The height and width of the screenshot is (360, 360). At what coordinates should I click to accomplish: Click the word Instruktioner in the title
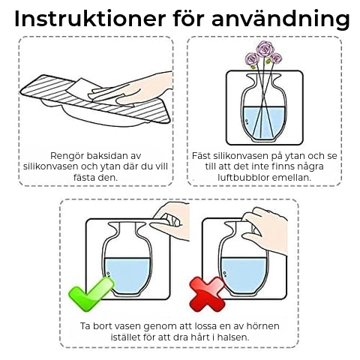(90, 19)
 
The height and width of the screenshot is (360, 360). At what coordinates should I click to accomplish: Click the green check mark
(91, 294)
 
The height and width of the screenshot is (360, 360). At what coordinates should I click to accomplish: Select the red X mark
(207, 294)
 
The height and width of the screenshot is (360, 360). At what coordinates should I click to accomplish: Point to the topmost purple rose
(265, 49)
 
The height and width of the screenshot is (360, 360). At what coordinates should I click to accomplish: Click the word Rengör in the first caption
(67, 156)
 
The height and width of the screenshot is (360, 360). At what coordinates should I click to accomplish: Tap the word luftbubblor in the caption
(243, 178)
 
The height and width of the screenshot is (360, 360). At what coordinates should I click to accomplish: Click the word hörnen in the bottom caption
(263, 326)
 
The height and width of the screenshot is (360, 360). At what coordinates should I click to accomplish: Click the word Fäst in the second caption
(201, 156)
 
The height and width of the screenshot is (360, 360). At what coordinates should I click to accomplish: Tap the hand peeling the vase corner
(170, 220)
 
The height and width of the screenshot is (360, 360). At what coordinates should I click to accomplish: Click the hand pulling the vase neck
(267, 231)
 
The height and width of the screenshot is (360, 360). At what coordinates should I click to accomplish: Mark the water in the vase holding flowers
(264, 122)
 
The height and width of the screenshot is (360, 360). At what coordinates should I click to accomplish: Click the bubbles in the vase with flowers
(247, 121)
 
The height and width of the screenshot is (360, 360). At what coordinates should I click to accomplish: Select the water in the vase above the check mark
(127, 275)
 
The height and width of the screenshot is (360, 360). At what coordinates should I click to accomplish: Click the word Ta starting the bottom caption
(85, 326)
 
